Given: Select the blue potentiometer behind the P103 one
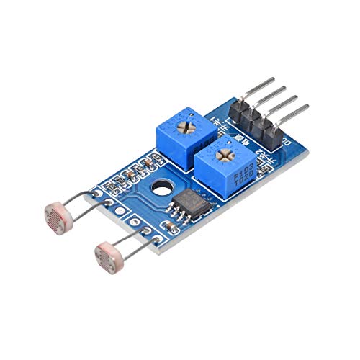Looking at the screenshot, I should [x=179, y=135].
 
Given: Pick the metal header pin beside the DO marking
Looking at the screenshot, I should [x=296, y=110].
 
